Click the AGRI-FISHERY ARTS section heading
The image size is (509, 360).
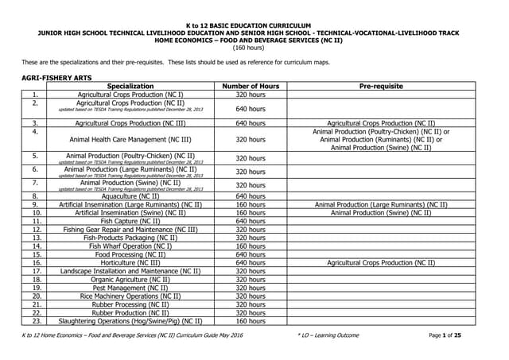[x=56, y=78]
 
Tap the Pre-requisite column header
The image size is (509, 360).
[x=381, y=86]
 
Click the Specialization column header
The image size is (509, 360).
[x=130, y=86]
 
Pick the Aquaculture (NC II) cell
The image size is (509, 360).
[x=130, y=195]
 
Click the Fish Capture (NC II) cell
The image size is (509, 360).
[x=130, y=221]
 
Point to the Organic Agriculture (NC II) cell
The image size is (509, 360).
[x=130, y=280]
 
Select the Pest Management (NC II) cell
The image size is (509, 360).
[x=130, y=288]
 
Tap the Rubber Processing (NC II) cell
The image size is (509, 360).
[x=130, y=304]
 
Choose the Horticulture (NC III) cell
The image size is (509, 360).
[x=130, y=262]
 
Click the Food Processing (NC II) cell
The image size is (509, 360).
[x=130, y=254]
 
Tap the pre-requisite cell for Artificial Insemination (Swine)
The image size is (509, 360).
[x=381, y=212]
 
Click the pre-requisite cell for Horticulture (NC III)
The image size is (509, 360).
[x=381, y=262]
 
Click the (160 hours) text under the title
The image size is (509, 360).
[x=254, y=47]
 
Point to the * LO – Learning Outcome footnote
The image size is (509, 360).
[x=326, y=337]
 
